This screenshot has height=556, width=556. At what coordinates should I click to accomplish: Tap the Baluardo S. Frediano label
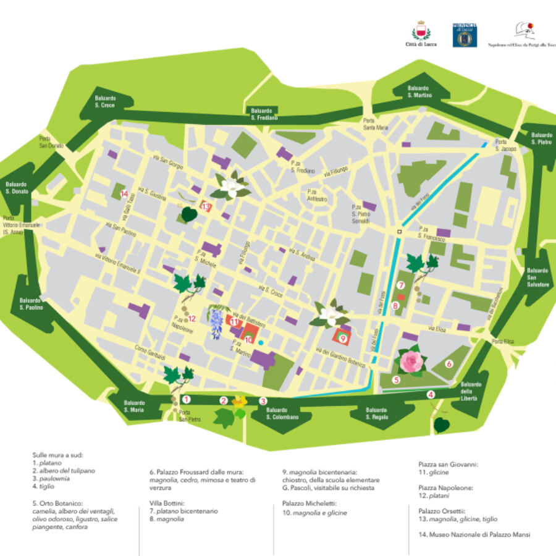click(264, 114)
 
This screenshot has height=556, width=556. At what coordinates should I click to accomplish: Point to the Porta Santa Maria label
click(376, 124)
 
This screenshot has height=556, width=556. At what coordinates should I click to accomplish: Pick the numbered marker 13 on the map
click(206, 207)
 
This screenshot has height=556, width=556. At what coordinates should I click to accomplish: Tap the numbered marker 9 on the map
click(342, 337)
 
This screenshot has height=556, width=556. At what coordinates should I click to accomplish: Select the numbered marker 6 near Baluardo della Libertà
click(449, 364)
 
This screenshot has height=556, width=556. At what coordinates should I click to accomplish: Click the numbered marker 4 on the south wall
click(431, 394)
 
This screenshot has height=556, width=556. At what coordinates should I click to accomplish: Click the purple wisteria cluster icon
click(216, 322)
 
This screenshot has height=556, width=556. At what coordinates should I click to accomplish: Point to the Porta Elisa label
click(503, 342)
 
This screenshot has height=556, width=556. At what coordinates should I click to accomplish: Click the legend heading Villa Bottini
click(166, 503)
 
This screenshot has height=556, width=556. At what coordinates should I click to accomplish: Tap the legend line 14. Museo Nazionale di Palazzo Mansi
click(473, 534)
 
